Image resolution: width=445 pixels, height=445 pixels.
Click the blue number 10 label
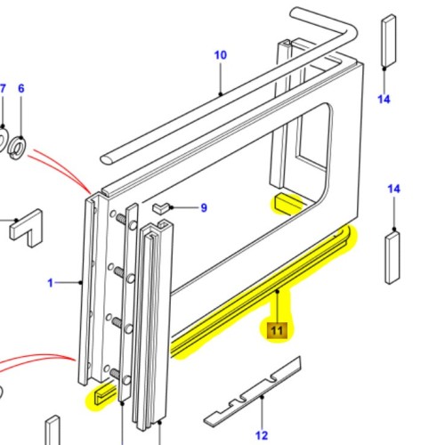[x=220, y=54]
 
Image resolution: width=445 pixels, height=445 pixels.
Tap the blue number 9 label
[x=203, y=208]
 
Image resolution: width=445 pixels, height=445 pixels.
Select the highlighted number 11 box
[x=277, y=330]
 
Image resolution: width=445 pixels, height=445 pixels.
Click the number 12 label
[x=262, y=434]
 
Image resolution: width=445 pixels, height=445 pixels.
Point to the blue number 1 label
[x=51, y=283]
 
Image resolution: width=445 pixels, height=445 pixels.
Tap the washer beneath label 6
[x=19, y=142]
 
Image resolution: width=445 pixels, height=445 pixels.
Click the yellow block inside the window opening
[x=288, y=204]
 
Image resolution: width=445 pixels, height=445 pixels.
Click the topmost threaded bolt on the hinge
[x=117, y=219]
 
